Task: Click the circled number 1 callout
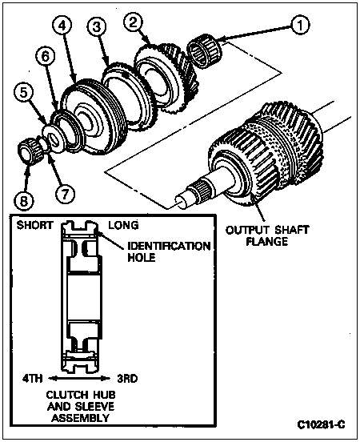(x=300, y=25)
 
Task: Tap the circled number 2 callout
(x=133, y=22)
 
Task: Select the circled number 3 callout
(x=96, y=26)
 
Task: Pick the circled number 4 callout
(x=62, y=26)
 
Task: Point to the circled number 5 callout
(x=24, y=93)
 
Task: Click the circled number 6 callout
(x=46, y=56)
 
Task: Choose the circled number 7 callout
(x=65, y=195)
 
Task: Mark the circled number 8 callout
(x=24, y=201)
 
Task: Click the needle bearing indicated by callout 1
(x=205, y=53)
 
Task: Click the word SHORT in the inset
(x=34, y=225)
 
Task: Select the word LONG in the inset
(x=124, y=225)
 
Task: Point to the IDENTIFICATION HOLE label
(x=169, y=251)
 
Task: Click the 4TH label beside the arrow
(x=32, y=378)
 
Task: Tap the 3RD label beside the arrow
(x=128, y=378)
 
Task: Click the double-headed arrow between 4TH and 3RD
(x=79, y=378)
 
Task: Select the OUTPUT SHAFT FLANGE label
(x=267, y=235)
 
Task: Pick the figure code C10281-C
(x=321, y=424)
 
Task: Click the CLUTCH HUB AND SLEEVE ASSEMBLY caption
(x=81, y=406)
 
